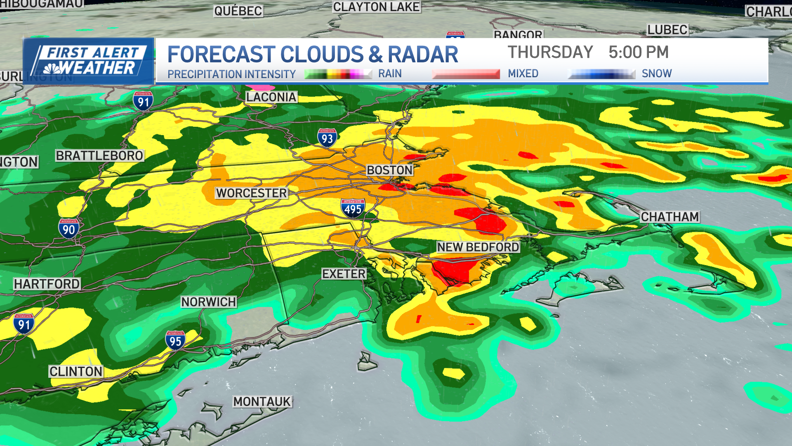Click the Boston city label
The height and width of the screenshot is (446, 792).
390,170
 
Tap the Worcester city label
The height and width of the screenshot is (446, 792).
251,193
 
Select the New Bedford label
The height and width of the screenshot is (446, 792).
478,247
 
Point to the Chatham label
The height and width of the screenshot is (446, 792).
669,217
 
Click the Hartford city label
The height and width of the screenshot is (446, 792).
47,284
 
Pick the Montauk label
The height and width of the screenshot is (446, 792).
262,401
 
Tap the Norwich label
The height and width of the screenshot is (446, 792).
208,302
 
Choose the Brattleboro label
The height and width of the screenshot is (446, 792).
99,156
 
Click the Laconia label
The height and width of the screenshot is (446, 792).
271,97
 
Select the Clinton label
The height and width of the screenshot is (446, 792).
76,372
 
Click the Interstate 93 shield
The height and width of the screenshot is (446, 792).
327,138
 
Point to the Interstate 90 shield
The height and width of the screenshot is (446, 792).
68,228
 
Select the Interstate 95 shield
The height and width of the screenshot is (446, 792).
175,340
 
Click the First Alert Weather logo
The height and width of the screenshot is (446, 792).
89,61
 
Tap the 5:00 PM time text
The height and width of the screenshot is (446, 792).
638,52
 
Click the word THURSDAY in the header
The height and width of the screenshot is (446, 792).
550,52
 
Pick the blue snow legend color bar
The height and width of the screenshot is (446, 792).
601,74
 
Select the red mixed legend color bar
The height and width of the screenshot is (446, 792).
466,74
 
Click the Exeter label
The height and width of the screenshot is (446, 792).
344,274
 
